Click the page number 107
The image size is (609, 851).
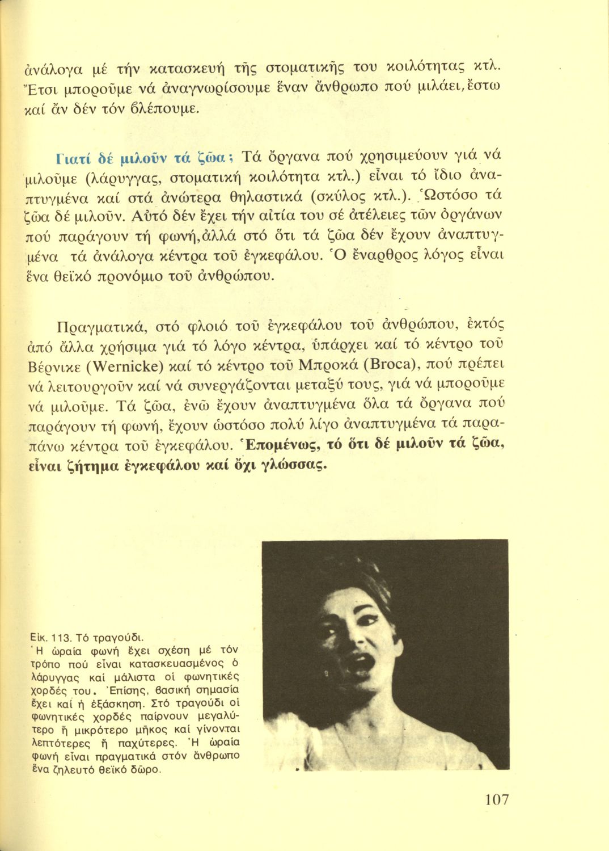point(497,801)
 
